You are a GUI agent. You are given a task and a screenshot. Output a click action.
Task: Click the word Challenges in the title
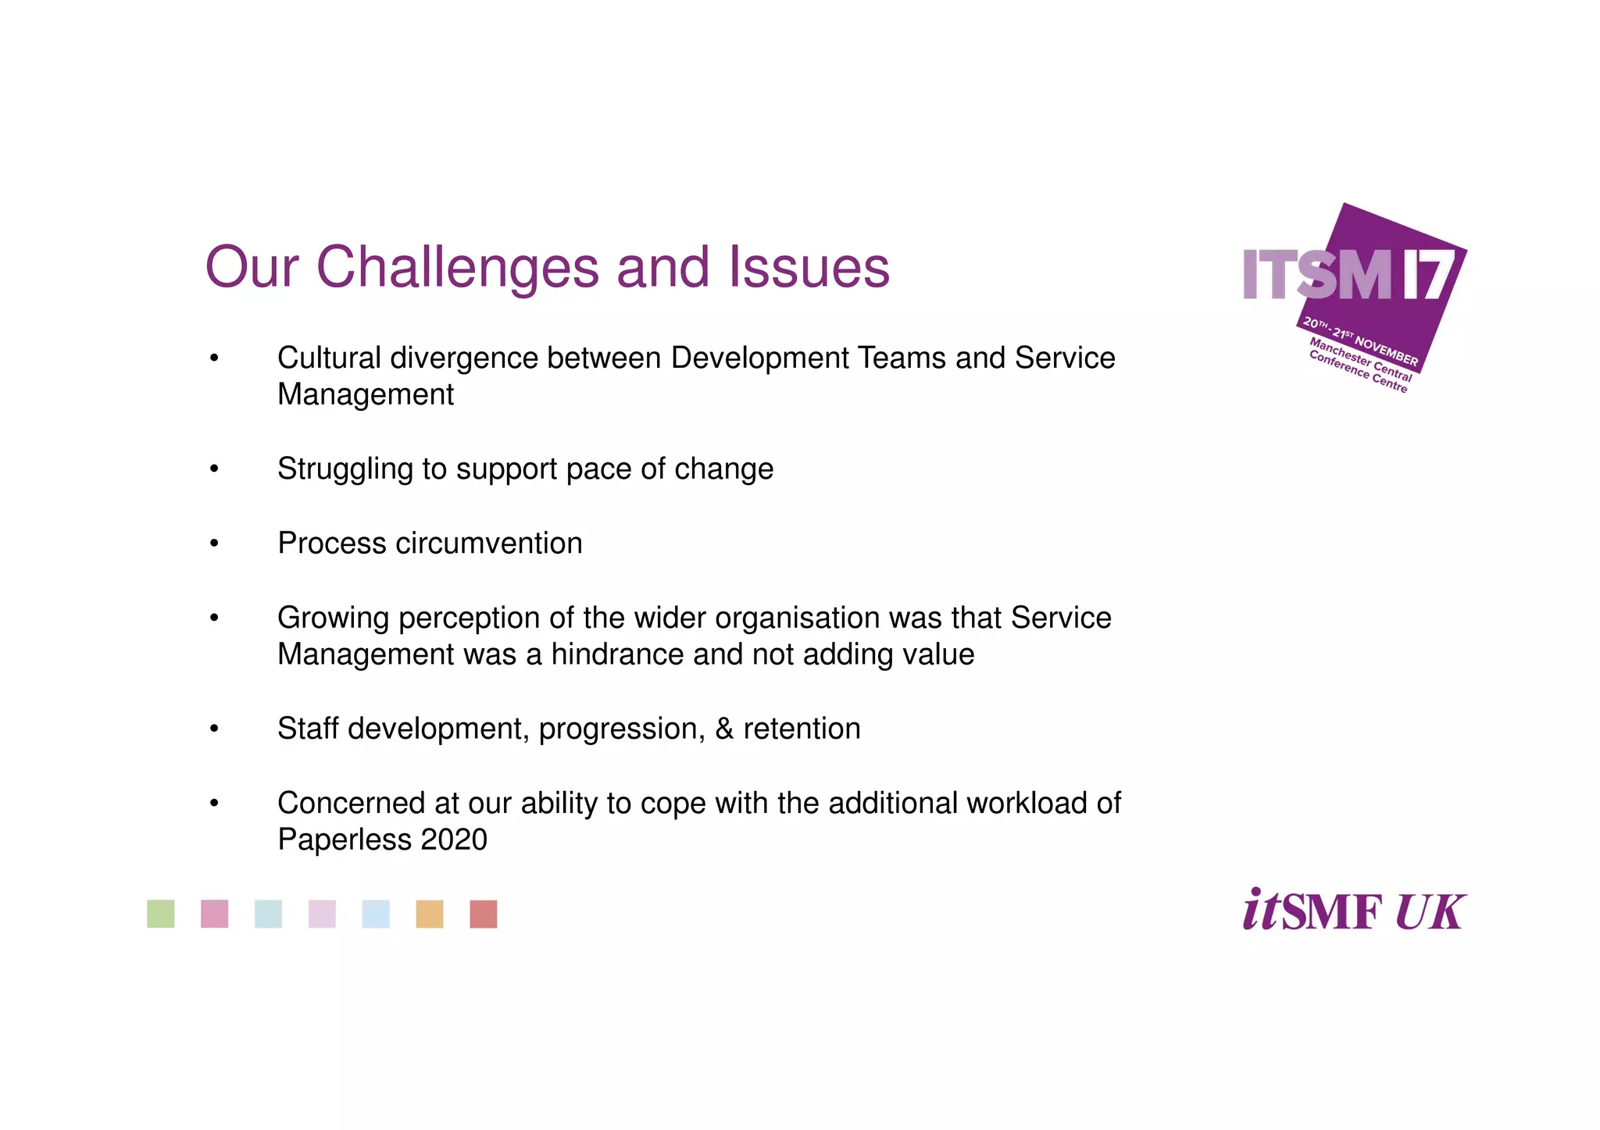click(x=458, y=268)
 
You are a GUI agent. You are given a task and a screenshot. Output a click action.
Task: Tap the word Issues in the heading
click(x=809, y=268)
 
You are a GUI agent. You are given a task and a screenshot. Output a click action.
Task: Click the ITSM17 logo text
click(x=1347, y=275)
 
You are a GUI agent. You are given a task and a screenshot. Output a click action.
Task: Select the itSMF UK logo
click(x=1354, y=911)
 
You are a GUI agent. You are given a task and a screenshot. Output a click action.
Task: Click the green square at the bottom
click(x=161, y=914)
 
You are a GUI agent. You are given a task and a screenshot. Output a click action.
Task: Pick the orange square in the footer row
click(x=430, y=914)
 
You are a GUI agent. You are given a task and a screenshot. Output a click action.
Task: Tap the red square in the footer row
click(x=484, y=914)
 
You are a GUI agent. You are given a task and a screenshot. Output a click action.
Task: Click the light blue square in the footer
click(x=376, y=914)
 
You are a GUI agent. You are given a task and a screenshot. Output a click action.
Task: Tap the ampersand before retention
click(x=724, y=729)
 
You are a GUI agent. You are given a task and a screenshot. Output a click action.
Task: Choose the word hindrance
click(x=617, y=654)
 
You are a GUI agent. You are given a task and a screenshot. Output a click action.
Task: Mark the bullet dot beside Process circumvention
click(x=214, y=544)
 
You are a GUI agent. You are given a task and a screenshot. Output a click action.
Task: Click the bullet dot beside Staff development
click(x=214, y=729)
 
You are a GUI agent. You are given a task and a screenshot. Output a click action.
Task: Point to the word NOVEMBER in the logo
click(x=1386, y=351)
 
